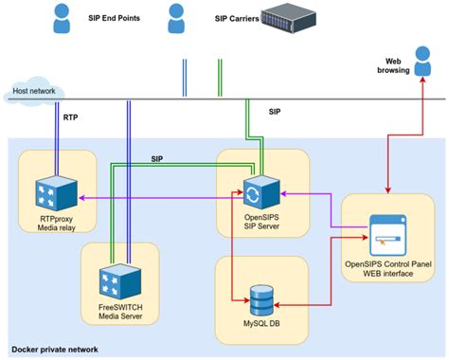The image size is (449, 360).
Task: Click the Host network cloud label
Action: [x=31, y=93]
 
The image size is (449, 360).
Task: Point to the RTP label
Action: [x=71, y=118]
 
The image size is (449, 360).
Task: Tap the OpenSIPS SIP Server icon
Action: [x=252, y=193]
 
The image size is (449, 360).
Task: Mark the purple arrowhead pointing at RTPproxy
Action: [x=82, y=198]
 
